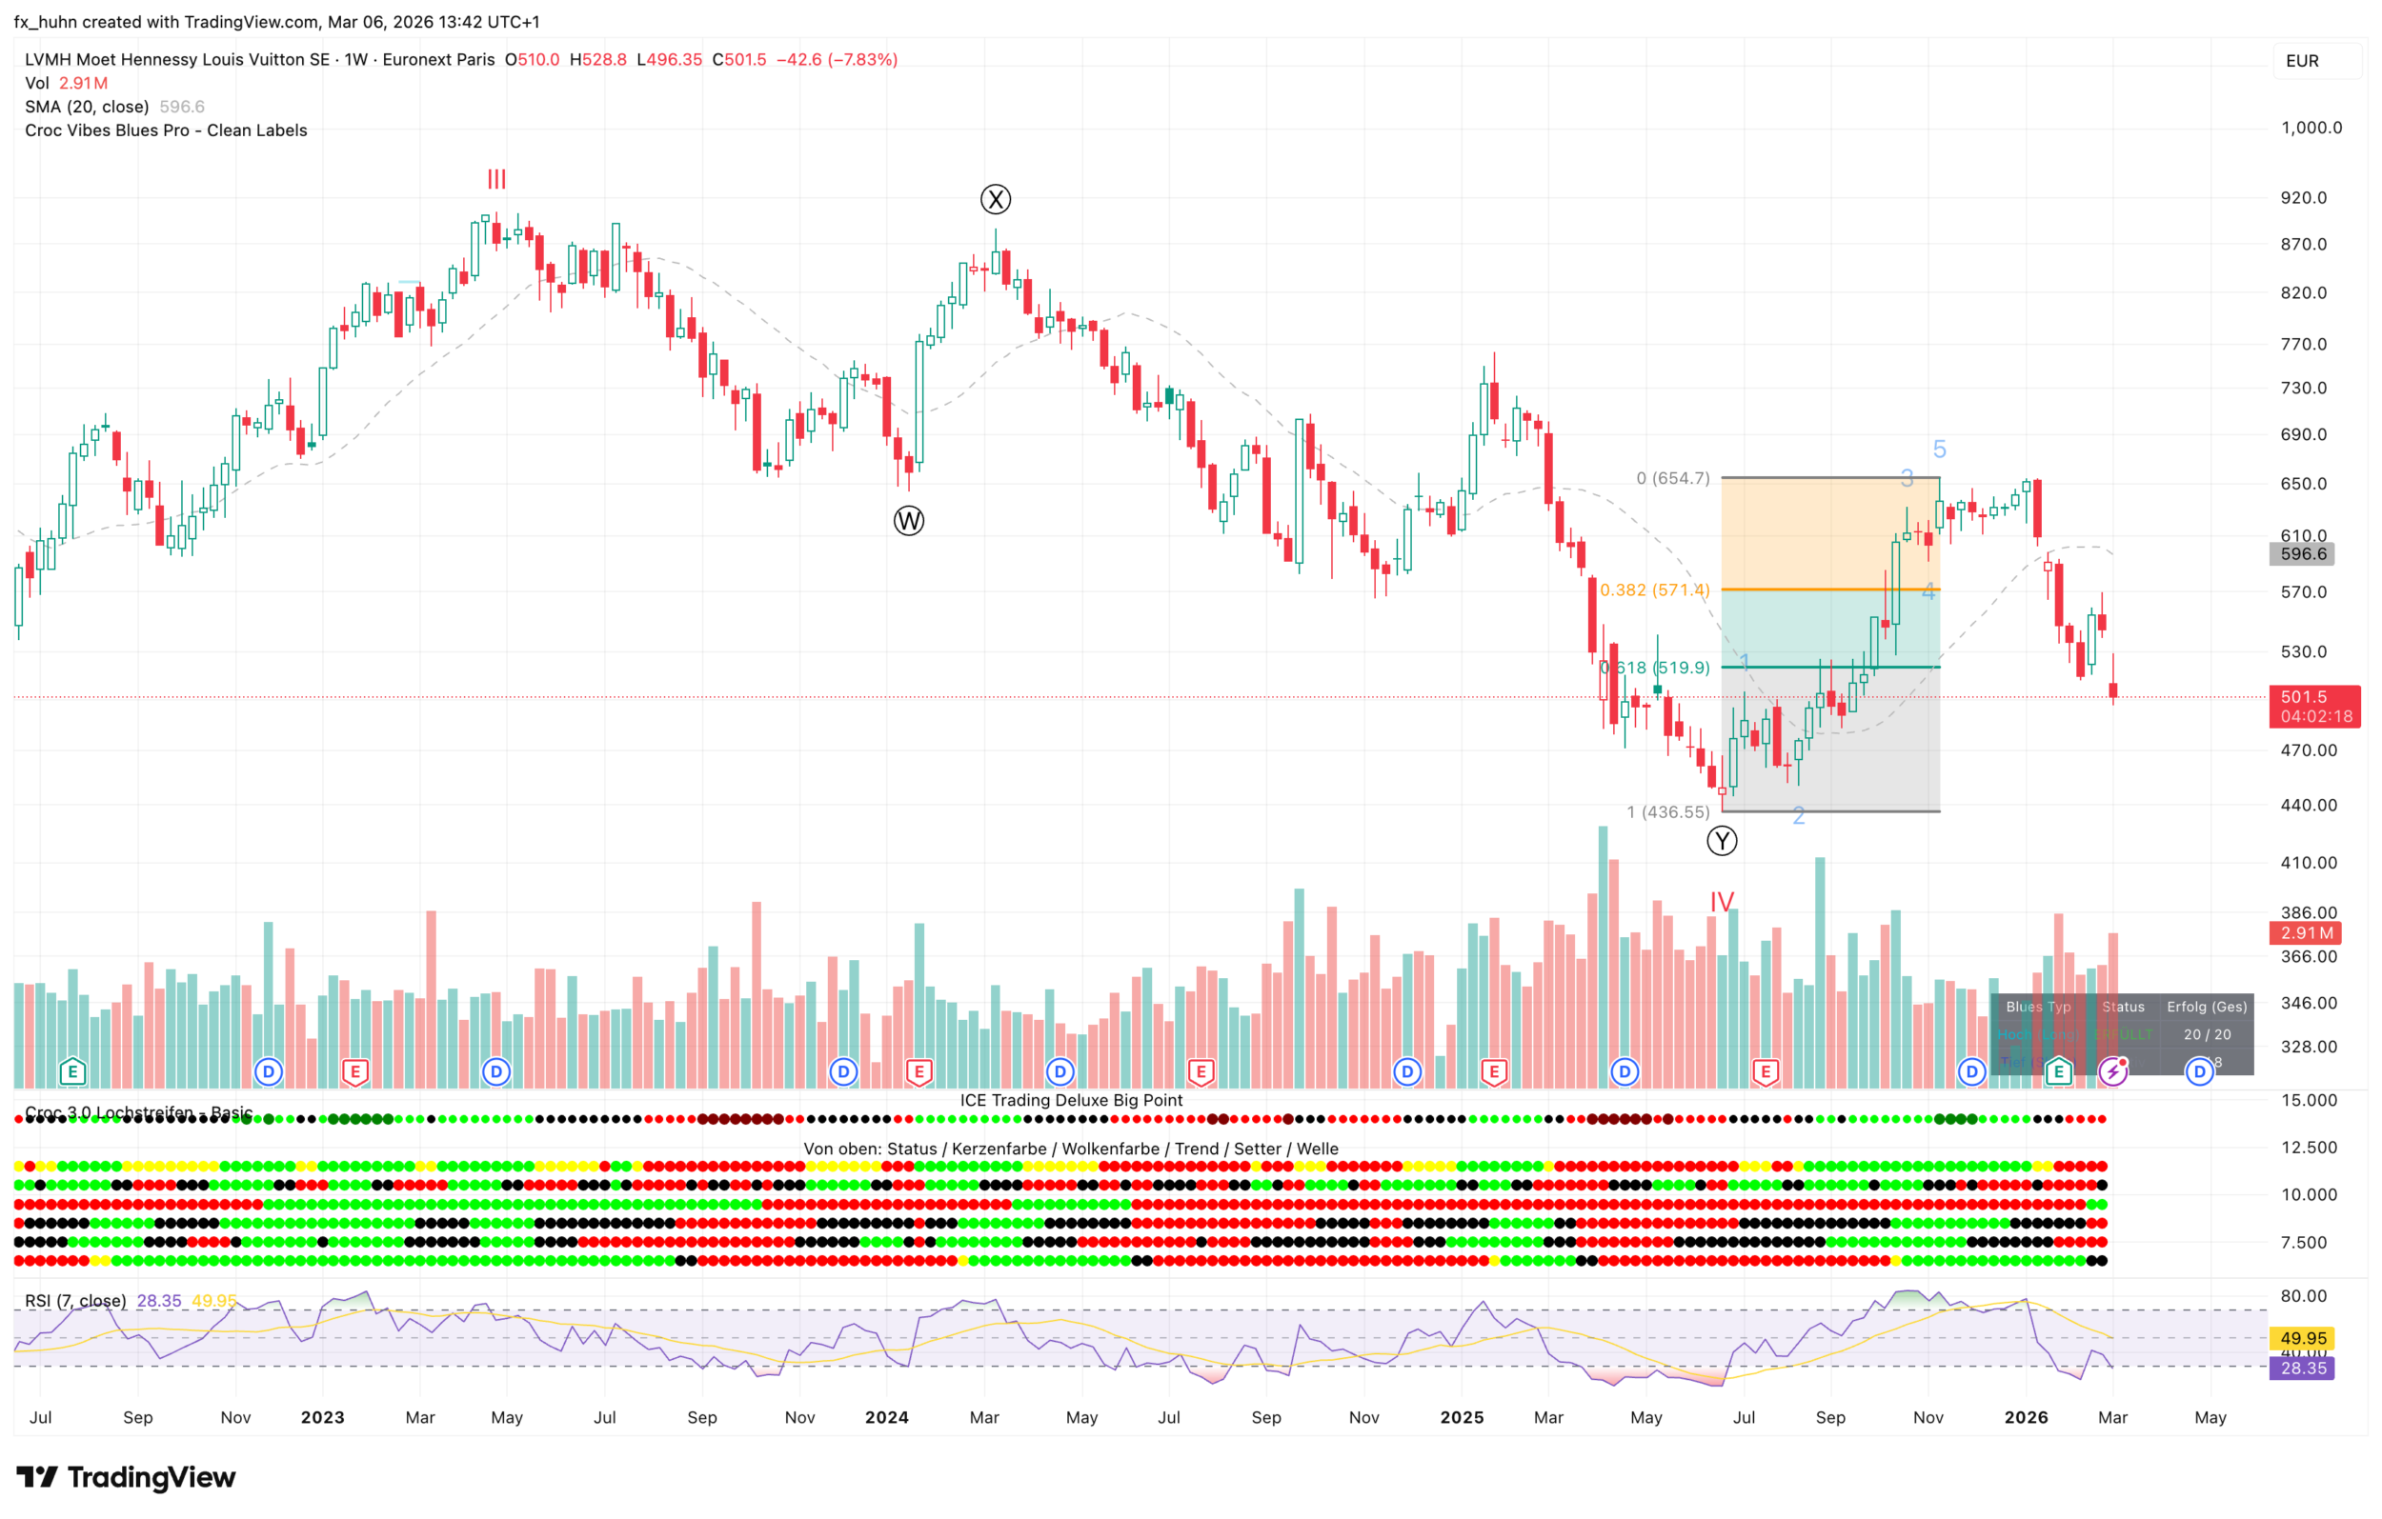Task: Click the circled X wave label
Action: (995, 200)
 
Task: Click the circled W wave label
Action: (908, 520)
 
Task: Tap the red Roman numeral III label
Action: (496, 180)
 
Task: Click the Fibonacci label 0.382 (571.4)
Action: (1654, 590)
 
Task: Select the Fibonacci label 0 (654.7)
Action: (1672, 479)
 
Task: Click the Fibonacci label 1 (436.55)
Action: (1667, 812)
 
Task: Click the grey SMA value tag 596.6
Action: (2301, 554)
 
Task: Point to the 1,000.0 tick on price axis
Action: (2311, 128)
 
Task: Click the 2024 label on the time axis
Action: (886, 1417)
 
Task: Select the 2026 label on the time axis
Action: (2026, 1417)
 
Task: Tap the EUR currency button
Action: (2302, 61)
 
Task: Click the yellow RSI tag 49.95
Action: (2303, 1338)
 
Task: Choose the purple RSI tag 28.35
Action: (2303, 1368)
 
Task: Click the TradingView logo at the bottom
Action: (127, 1476)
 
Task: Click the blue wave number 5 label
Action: (1939, 450)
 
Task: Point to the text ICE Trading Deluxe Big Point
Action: (1071, 1100)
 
